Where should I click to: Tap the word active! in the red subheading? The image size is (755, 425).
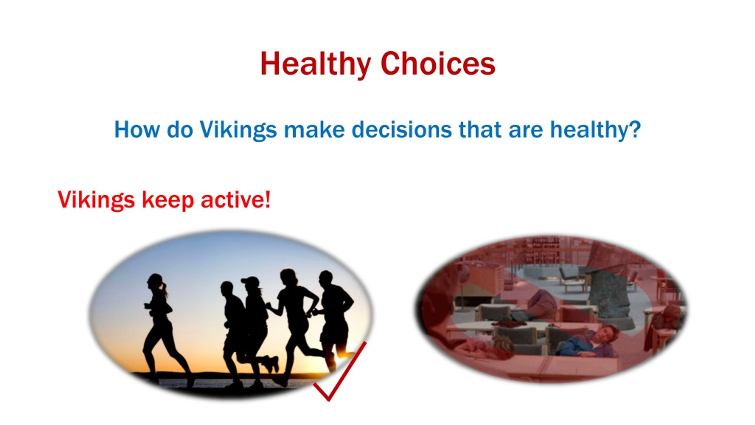235,200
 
